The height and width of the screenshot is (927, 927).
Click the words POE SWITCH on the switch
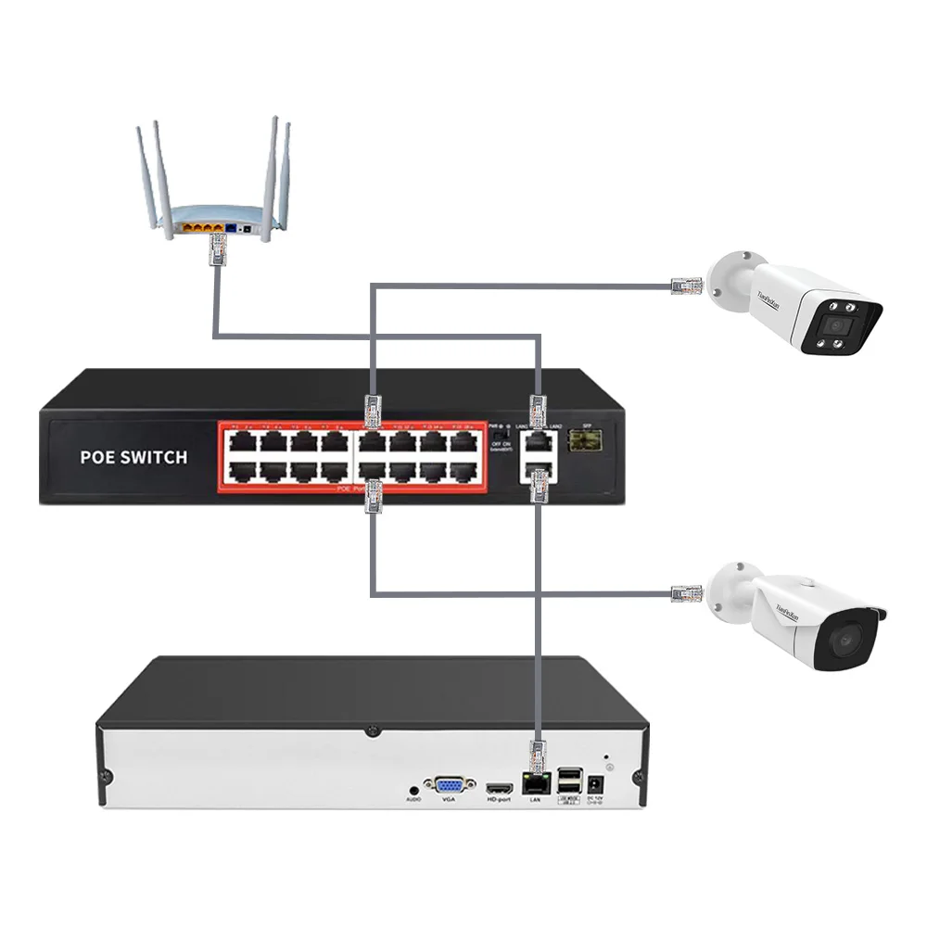click(x=133, y=456)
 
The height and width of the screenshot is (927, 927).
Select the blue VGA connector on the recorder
click(x=450, y=783)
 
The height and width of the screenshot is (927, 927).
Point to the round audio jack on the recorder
click(x=413, y=788)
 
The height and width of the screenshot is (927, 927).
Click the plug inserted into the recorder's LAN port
click(x=536, y=756)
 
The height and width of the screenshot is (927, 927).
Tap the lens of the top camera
click(x=838, y=326)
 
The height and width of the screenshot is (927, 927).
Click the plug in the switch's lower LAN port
click(x=539, y=488)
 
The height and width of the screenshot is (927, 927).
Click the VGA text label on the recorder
click(x=449, y=799)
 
